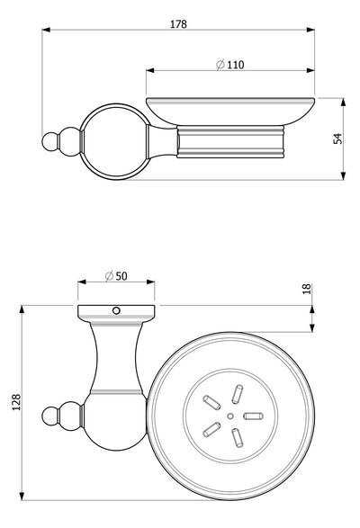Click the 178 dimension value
[178, 24]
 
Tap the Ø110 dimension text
[230, 65]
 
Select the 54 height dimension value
[337, 139]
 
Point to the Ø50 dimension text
[116, 276]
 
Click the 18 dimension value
[307, 289]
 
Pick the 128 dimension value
[16, 402]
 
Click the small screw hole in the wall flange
[116, 310]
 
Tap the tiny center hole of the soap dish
[230, 416]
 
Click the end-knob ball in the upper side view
[49, 141]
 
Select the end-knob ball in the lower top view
[49, 416]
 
